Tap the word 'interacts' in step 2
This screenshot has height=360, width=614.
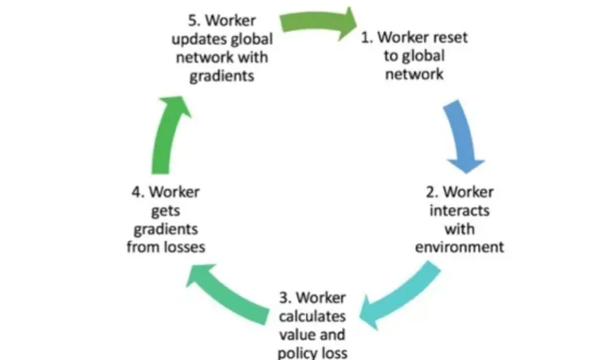459,211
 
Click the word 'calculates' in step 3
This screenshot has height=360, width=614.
313,318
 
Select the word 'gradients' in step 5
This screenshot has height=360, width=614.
221,76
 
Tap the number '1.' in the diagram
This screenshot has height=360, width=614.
367,37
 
